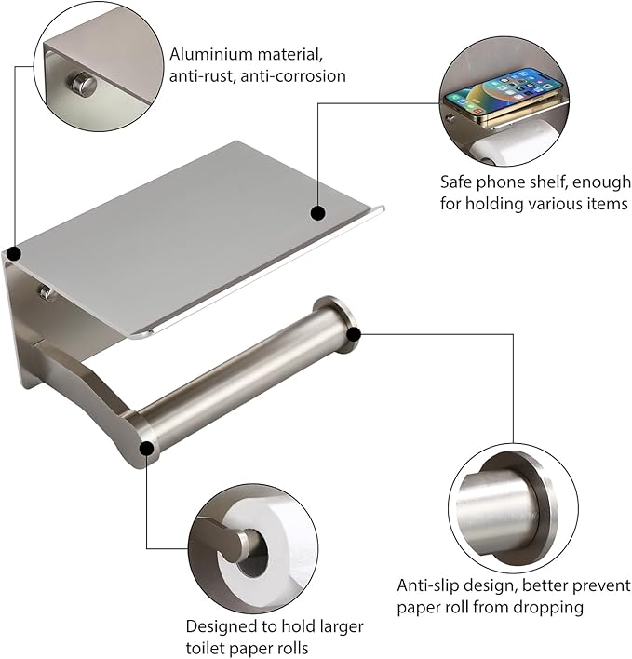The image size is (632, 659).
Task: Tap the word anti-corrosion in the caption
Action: click(x=293, y=76)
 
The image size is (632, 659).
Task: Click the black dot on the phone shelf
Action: click(x=317, y=213)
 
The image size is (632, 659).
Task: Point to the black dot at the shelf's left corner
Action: click(x=14, y=253)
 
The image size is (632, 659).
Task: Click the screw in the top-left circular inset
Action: click(x=85, y=86)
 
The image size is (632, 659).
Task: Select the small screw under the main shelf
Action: click(x=45, y=294)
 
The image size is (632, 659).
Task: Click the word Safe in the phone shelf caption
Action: click(x=458, y=182)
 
